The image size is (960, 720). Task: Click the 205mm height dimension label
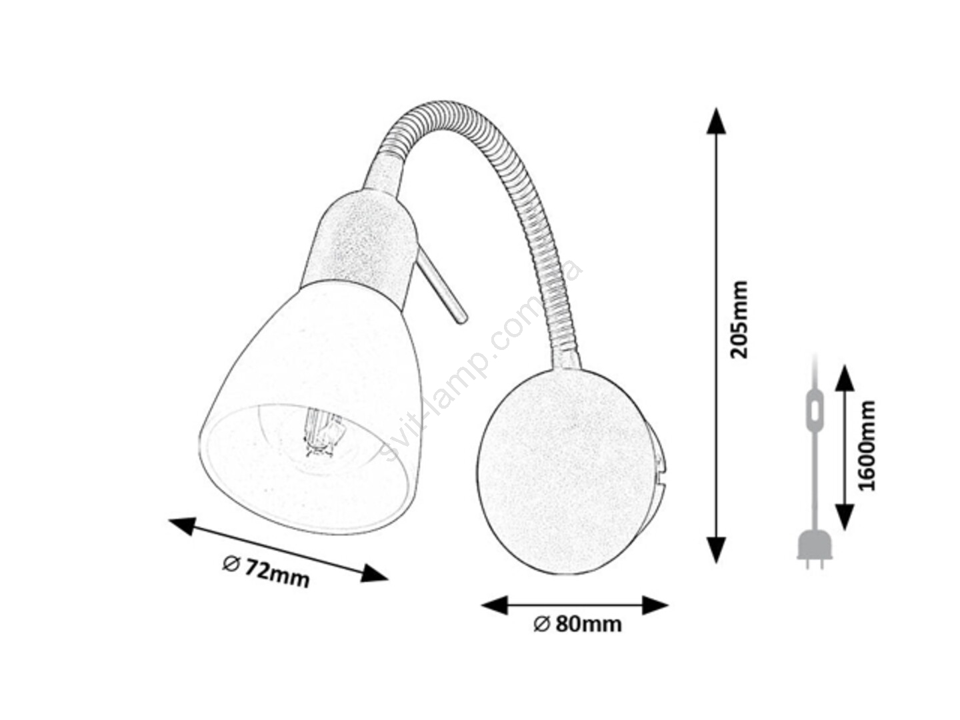[x=738, y=319]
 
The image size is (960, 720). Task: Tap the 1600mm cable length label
[x=867, y=445]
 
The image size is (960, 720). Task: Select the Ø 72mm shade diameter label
[x=265, y=571]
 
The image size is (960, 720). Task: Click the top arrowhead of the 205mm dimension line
[x=716, y=121]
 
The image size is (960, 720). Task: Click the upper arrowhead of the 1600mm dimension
[x=844, y=378]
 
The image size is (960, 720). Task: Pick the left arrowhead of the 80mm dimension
[x=494, y=605]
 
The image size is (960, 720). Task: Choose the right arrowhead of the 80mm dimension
[x=655, y=605]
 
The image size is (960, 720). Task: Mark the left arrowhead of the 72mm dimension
[x=182, y=526]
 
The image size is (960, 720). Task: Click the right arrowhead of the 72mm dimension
[x=375, y=573]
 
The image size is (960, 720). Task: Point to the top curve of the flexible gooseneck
[x=442, y=112]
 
